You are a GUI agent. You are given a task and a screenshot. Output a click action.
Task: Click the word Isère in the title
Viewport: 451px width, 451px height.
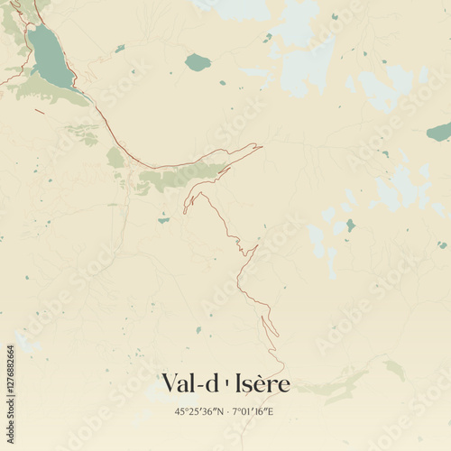[x=262, y=383]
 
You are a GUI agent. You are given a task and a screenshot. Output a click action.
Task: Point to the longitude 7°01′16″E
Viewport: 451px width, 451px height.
[x=252, y=411]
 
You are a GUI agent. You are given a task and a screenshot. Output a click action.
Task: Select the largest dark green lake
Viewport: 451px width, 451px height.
[x=49, y=56]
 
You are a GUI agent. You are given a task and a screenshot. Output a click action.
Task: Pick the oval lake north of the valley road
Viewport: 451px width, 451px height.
[x=198, y=62]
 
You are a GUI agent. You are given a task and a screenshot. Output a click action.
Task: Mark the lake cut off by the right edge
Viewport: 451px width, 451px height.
[x=439, y=133]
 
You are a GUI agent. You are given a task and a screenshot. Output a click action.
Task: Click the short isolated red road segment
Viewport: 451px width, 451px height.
[x=39, y=112]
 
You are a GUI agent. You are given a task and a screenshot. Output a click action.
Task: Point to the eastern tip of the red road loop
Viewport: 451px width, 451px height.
[x=260, y=145]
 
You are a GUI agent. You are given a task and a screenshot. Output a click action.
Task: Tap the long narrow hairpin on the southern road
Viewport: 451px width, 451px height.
[x=270, y=324]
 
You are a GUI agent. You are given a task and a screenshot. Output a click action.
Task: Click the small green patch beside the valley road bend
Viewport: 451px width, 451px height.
[x=115, y=158]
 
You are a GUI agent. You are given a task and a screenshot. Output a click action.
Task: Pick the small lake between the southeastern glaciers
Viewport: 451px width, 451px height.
[x=350, y=225]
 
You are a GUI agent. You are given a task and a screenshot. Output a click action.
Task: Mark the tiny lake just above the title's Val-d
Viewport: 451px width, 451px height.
[x=198, y=330]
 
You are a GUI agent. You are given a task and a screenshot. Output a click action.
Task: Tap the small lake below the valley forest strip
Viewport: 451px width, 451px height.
[x=163, y=219]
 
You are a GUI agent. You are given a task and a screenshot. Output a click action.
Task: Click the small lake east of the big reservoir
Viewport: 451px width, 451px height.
[x=119, y=49]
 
